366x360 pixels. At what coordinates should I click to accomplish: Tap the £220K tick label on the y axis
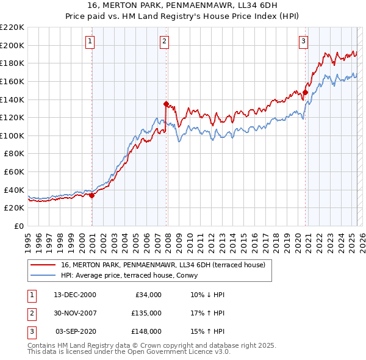pyautogui.click(x=12, y=27)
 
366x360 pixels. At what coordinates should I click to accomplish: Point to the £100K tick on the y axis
pyautogui.click(x=12, y=135)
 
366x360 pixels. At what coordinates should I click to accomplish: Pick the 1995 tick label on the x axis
pyautogui.click(x=28, y=238)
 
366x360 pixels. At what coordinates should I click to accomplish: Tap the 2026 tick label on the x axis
pyautogui.click(x=361, y=238)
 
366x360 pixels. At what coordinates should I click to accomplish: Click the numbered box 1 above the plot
pyautogui.click(x=90, y=41)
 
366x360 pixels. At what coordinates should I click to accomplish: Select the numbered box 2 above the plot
pyautogui.click(x=165, y=41)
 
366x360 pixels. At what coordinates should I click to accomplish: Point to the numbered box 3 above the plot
pyautogui.click(x=303, y=41)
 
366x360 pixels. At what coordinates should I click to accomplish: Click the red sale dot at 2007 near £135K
pyautogui.click(x=166, y=104)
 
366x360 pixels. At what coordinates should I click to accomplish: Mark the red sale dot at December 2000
pyautogui.click(x=91, y=195)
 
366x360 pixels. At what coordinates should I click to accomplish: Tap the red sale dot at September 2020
pyautogui.click(x=305, y=93)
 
